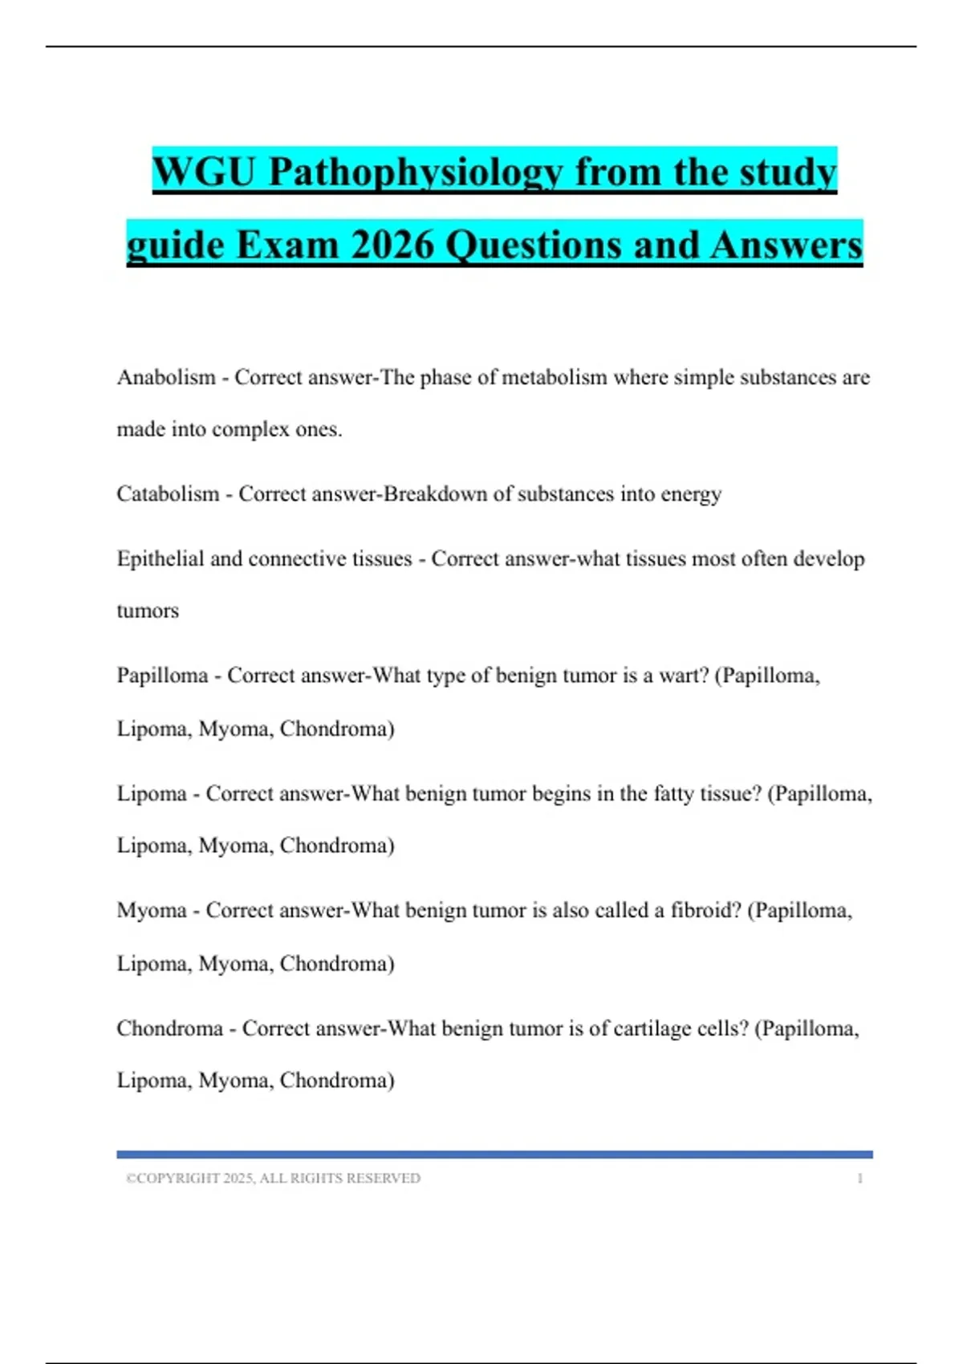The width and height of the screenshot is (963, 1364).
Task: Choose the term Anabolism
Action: click(166, 377)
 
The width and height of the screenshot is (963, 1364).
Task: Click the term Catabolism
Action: click(168, 493)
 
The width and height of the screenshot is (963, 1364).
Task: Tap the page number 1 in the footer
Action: click(859, 1178)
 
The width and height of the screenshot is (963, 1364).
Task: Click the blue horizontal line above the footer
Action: click(494, 1155)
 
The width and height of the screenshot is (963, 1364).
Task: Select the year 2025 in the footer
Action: click(238, 1178)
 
